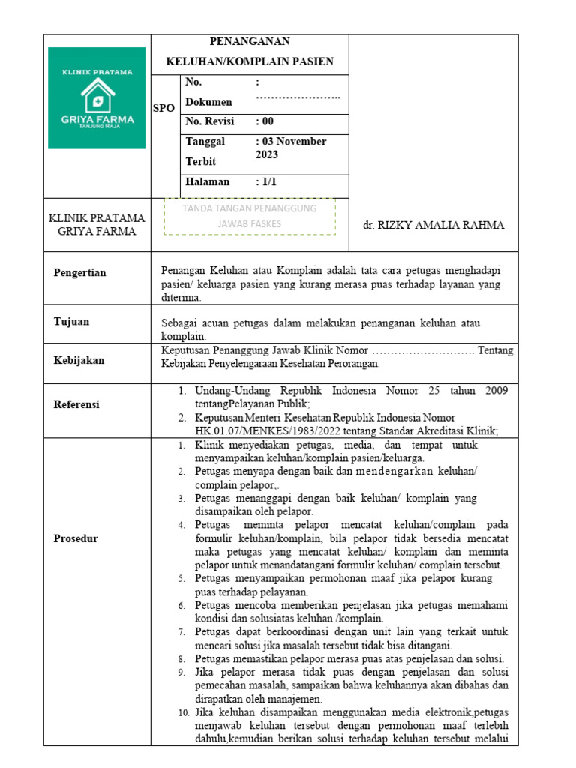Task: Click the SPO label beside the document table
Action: coord(163,108)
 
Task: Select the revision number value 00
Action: coord(265,121)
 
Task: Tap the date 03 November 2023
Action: coord(291,148)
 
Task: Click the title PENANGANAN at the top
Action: coord(250,41)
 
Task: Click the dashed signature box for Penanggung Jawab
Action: coord(250,216)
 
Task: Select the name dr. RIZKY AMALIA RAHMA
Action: coord(433,225)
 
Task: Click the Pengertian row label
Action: coord(80,272)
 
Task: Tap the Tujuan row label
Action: coord(71,321)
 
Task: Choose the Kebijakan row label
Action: coord(79,360)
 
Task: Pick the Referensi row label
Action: coord(76,404)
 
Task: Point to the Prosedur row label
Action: coord(76,538)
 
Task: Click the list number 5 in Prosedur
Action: coord(181,579)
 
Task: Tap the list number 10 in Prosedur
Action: coord(184,712)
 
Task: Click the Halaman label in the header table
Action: coord(207,181)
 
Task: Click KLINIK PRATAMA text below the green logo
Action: coord(97,218)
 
